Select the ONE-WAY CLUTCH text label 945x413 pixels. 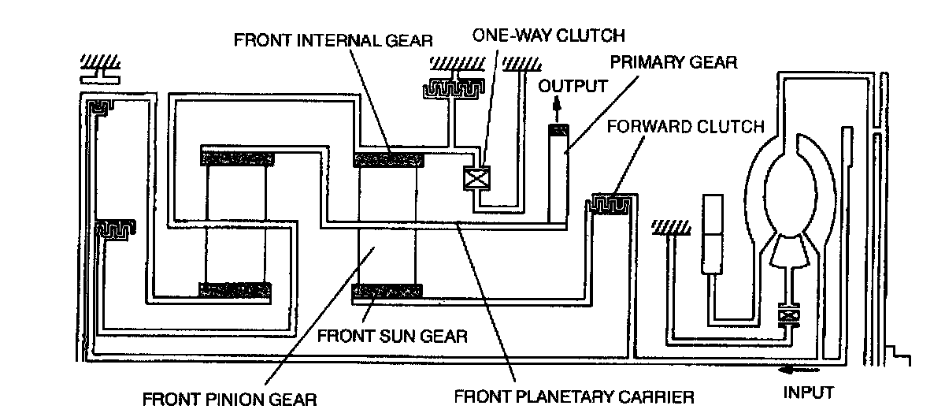pyautogui.click(x=548, y=35)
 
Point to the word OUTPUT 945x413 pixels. pyautogui.click(x=573, y=85)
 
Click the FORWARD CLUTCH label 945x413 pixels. pyautogui.click(x=686, y=126)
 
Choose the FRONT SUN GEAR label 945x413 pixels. pyautogui.click(x=391, y=336)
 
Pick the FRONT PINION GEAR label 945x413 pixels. pyautogui.click(x=228, y=398)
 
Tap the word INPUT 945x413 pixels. pyautogui.click(x=808, y=391)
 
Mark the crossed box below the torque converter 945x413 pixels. pyautogui.click(x=786, y=315)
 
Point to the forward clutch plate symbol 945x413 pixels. pyautogui.click(x=607, y=204)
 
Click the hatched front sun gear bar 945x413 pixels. pyautogui.click(x=387, y=291)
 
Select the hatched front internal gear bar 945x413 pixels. pyautogui.click(x=388, y=160)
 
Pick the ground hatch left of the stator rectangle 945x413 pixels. pyautogui.click(x=669, y=228)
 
